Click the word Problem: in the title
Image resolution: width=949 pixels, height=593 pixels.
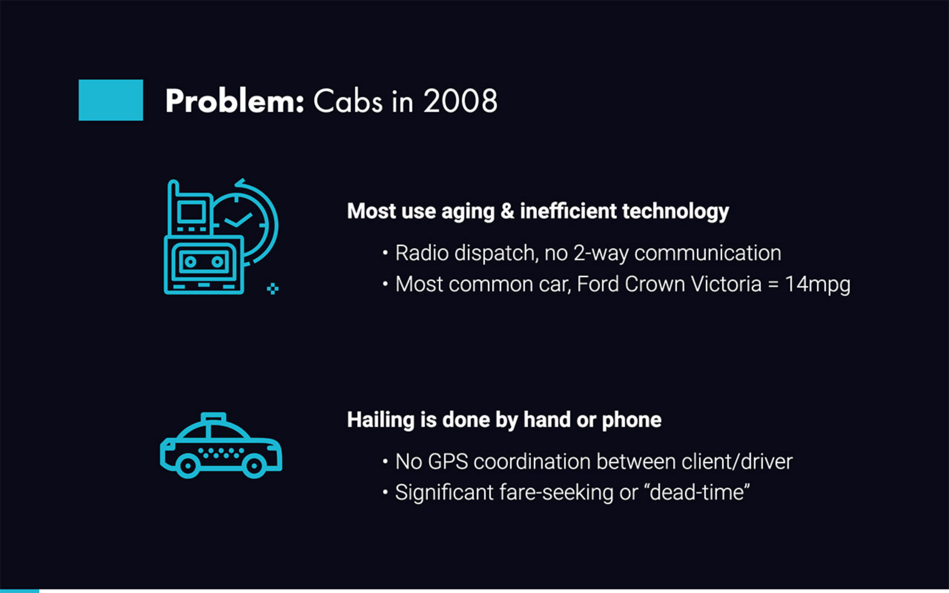[235, 102]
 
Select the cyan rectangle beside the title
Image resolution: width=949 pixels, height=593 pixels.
[110, 100]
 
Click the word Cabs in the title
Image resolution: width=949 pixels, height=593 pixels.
[348, 101]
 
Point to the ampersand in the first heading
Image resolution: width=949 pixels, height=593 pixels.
[507, 211]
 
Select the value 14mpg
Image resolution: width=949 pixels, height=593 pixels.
[818, 285]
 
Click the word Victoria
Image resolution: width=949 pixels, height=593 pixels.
[726, 284]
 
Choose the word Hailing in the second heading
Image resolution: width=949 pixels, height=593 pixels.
[381, 420]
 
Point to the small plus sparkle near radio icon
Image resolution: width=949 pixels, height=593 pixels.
[272, 289]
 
